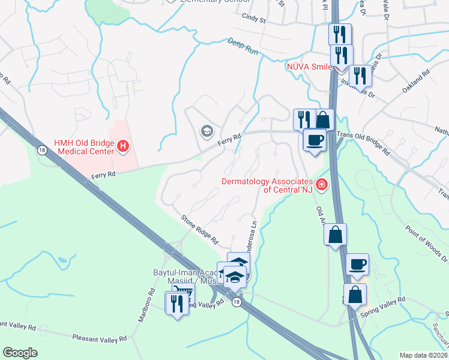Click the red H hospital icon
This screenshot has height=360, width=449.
[x=122, y=146]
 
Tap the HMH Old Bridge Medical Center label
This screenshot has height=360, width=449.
[x=83, y=146]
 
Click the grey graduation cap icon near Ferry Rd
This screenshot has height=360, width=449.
[x=206, y=131]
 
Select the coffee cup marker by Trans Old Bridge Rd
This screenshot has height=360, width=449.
[x=315, y=140]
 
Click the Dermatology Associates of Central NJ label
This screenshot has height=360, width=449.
[x=268, y=185]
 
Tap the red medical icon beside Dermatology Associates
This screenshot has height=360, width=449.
[x=322, y=184]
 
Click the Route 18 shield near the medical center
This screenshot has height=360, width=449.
[x=41, y=149]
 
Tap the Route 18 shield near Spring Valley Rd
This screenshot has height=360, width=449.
[x=237, y=304]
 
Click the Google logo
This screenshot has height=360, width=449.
[x=20, y=353]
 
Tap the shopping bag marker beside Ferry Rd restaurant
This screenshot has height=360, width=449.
[x=323, y=119]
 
